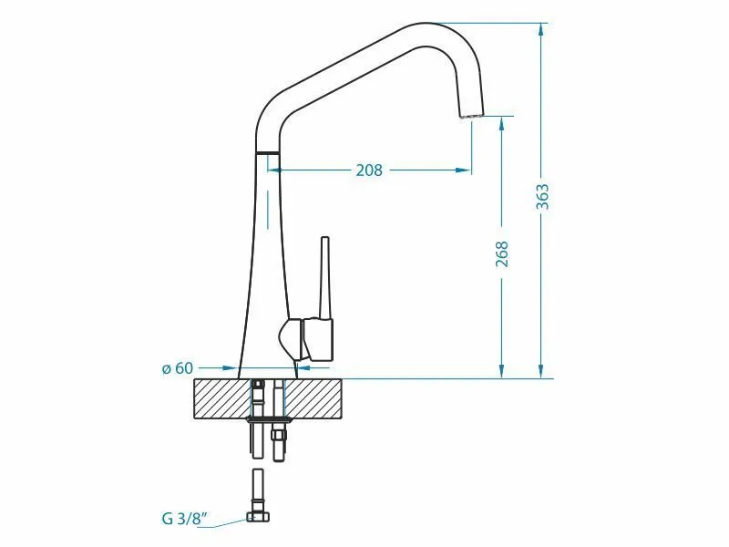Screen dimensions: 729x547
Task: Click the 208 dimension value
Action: [x=369, y=170]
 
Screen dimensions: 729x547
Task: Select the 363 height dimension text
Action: [x=542, y=197]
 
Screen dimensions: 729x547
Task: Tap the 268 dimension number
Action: [x=502, y=254]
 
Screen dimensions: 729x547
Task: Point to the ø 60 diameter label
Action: [x=177, y=368]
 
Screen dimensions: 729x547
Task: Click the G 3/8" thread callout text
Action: [x=184, y=518]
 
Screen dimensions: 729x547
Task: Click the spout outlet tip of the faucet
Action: [x=471, y=114]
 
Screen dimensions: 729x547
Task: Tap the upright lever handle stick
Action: [x=325, y=278]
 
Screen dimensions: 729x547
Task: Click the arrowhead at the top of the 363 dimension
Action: [x=540, y=30]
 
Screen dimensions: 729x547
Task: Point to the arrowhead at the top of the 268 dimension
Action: [x=502, y=124]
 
